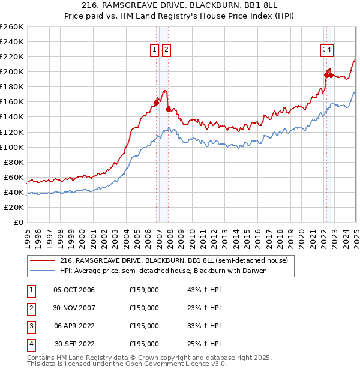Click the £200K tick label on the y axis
[x=12, y=71]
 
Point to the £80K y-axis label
[x=14, y=162]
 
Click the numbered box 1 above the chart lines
[x=155, y=50]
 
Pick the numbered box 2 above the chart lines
[x=166, y=50]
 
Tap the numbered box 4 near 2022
[x=330, y=50]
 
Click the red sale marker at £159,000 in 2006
[x=156, y=103]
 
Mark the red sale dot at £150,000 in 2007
[x=169, y=109]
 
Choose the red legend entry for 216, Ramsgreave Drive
[x=174, y=260]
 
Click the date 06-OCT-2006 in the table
[x=74, y=290]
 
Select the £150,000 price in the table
[x=144, y=308]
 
